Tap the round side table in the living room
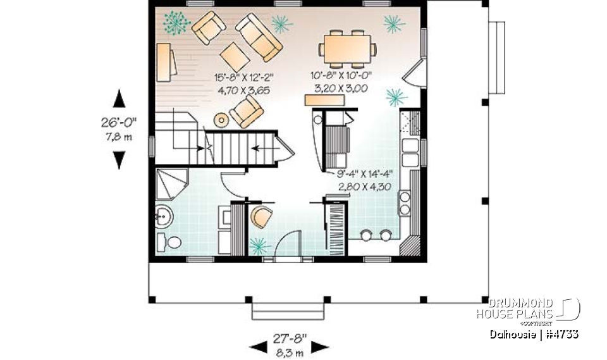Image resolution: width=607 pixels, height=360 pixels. [x=222, y=119]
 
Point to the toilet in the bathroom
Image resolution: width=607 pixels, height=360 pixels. [x=169, y=242]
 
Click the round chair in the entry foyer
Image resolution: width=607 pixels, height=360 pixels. [x=261, y=217]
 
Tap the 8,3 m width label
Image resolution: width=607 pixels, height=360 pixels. [x=290, y=352]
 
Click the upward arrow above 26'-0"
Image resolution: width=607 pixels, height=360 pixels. [x=118, y=100]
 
